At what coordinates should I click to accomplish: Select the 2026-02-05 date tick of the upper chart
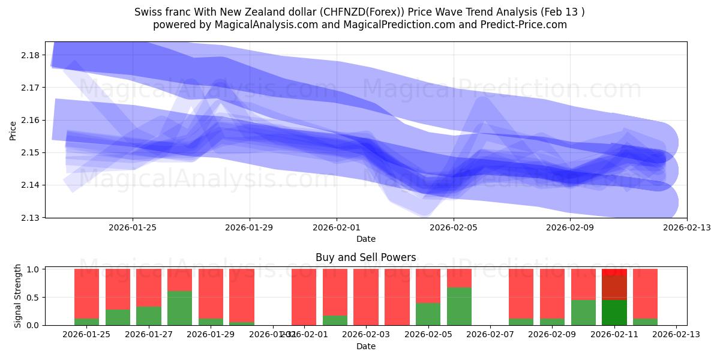click(454, 227)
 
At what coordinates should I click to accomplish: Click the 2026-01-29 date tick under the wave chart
click(250, 227)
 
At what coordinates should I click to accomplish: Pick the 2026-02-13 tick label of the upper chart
click(687, 227)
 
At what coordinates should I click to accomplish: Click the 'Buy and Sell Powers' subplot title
click(365, 257)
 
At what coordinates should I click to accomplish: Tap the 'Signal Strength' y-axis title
click(18, 296)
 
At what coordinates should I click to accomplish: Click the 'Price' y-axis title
click(13, 130)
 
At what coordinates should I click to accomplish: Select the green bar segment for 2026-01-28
click(179, 308)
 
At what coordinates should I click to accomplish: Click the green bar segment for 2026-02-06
click(459, 307)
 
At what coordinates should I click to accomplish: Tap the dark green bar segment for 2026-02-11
click(614, 313)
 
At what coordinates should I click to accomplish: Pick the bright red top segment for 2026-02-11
click(614, 272)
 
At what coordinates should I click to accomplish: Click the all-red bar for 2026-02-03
click(365, 297)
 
